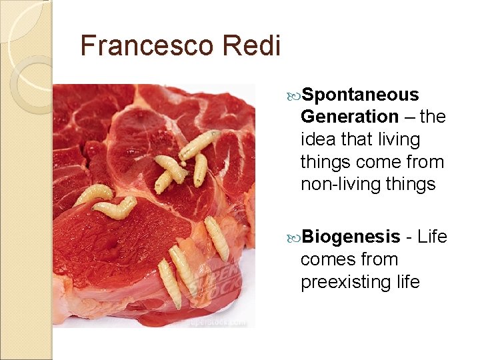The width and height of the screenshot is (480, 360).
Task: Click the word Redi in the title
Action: click(257, 45)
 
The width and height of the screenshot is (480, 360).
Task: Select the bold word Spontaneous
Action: click(360, 95)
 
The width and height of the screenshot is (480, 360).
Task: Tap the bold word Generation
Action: click(349, 117)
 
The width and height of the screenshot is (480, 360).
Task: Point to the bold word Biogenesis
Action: click(350, 237)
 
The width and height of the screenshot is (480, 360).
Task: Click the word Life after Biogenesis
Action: click(433, 237)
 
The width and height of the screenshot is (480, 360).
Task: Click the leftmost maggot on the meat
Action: click(93, 194)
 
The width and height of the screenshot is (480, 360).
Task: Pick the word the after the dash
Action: click(433, 117)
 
